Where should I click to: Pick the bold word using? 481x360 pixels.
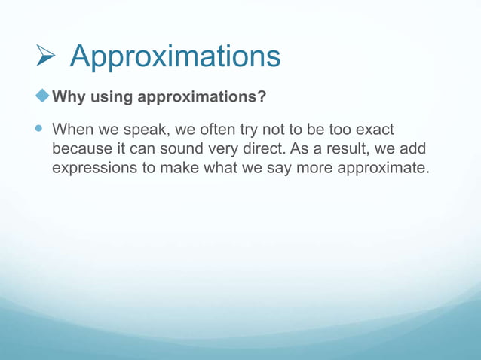tap(109, 98)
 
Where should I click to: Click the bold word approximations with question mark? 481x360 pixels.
tap(200, 98)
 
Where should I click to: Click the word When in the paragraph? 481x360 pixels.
tap(72, 130)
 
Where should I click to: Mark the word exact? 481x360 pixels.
tap(375, 130)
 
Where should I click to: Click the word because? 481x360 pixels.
tap(81, 148)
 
